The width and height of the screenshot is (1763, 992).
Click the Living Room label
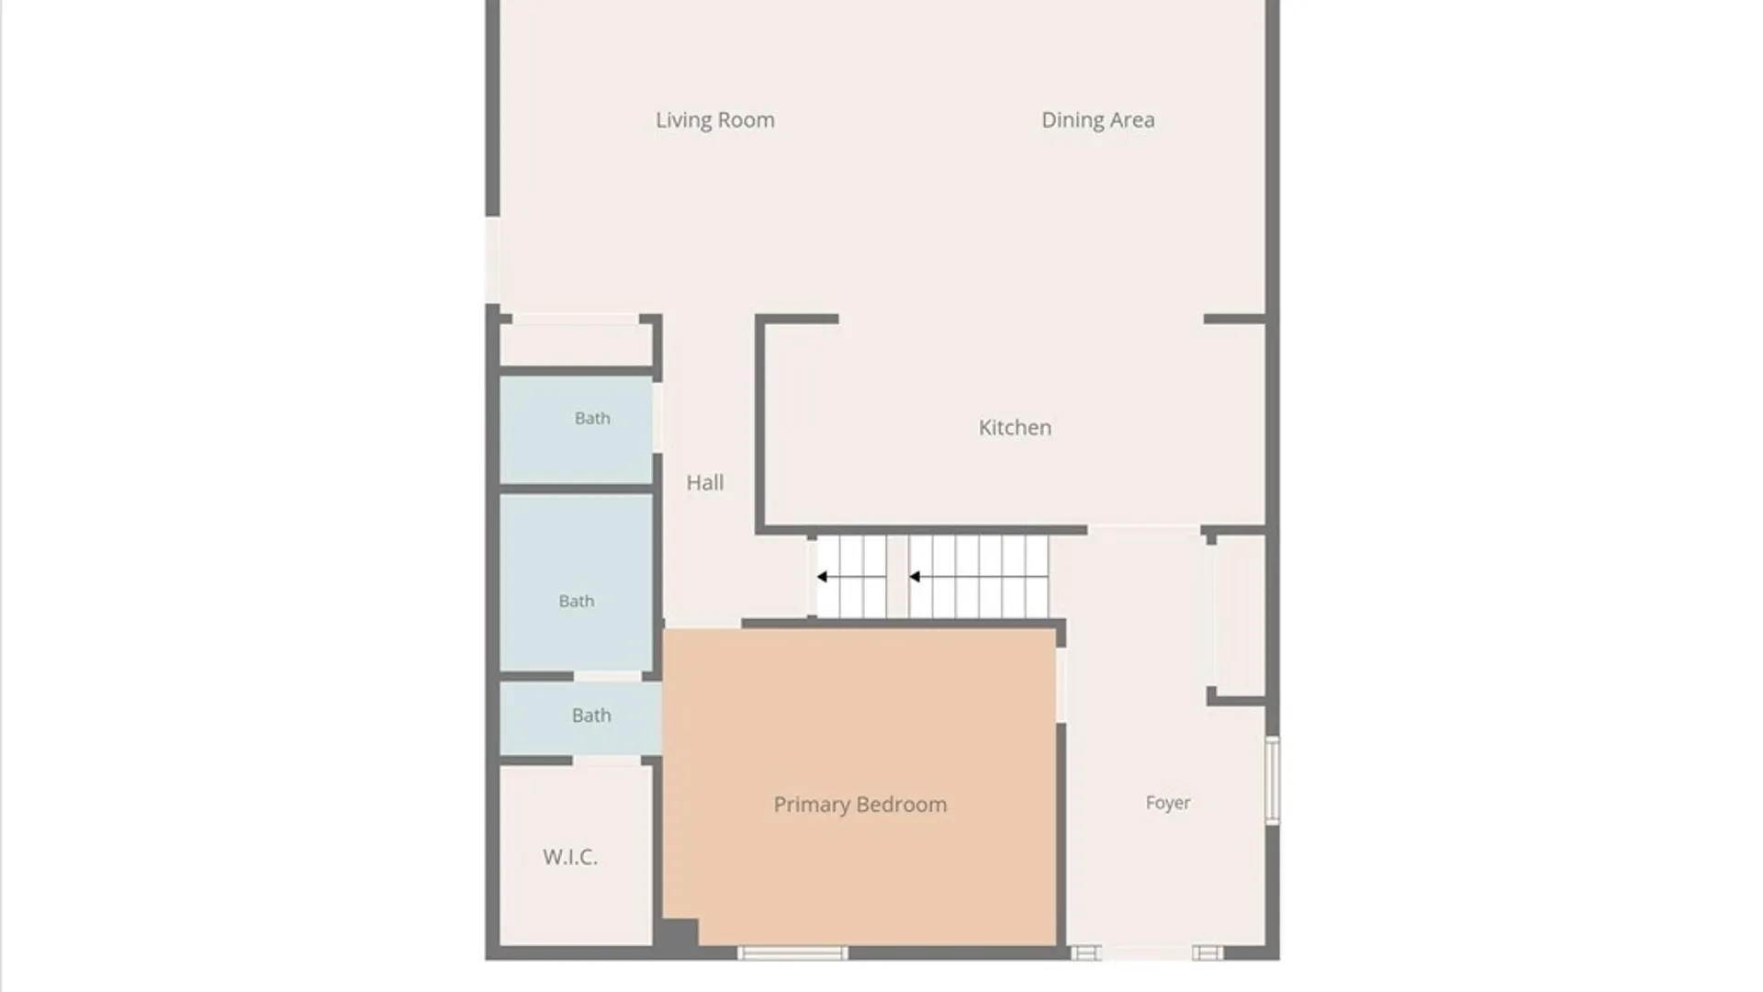coord(714,120)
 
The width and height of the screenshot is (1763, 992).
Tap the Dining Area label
coord(1097,120)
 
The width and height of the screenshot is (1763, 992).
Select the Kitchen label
coord(1015,427)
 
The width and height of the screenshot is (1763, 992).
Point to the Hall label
coord(705,482)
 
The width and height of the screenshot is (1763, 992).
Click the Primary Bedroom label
coord(860,805)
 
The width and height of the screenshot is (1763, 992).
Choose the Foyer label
coord(1168,803)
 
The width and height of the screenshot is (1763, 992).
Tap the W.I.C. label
coord(570,857)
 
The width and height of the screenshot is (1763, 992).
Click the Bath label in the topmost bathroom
coord(592,418)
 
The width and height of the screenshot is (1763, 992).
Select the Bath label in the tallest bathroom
coord(577,601)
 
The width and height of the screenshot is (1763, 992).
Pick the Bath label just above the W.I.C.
coord(591,715)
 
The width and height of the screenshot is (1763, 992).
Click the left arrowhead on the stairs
coord(823,577)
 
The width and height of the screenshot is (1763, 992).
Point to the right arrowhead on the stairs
coord(915,577)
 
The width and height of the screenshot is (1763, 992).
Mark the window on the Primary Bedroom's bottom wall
coord(793,953)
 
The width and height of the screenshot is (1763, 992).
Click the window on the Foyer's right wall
coord(1273,780)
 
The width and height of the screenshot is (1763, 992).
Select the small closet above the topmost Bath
coord(576,344)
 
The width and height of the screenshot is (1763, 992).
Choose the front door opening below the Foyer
coord(1147,953)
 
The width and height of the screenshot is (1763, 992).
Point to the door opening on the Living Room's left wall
coord(493,260)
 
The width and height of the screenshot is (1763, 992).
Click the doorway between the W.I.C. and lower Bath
coord(607,761)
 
